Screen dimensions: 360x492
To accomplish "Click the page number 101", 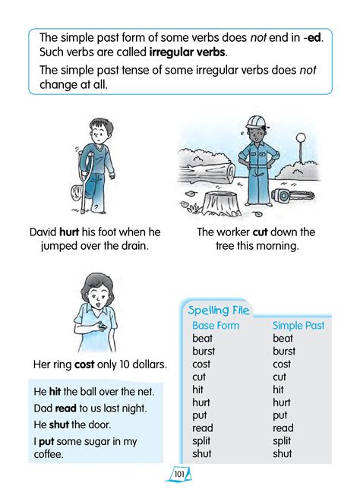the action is [179, 475].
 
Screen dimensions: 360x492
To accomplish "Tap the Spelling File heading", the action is [219, 310].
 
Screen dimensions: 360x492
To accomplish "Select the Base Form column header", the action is [216, 326].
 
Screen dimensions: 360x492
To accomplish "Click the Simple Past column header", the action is [298, 326].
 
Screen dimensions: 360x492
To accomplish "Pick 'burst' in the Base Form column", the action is [204, 352].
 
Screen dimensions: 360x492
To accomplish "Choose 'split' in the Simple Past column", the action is [282, 441].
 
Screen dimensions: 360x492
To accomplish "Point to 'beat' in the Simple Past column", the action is [283, 339].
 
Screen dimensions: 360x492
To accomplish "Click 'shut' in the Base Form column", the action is [202, 454].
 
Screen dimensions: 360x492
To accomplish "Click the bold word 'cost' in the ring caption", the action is [84, 364].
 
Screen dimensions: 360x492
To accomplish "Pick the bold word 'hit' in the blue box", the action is [55, 392].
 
